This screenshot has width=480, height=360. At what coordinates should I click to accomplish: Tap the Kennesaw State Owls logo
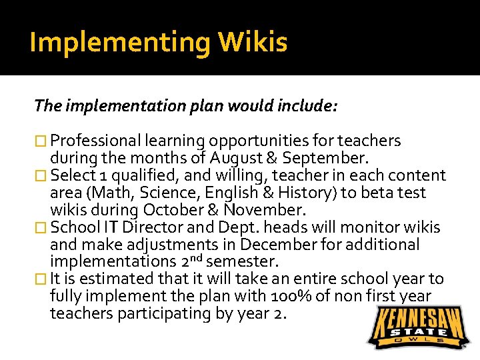point(416,327)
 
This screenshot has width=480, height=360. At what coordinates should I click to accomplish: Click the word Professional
point(95,141)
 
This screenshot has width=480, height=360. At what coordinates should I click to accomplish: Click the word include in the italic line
point(310,105)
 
